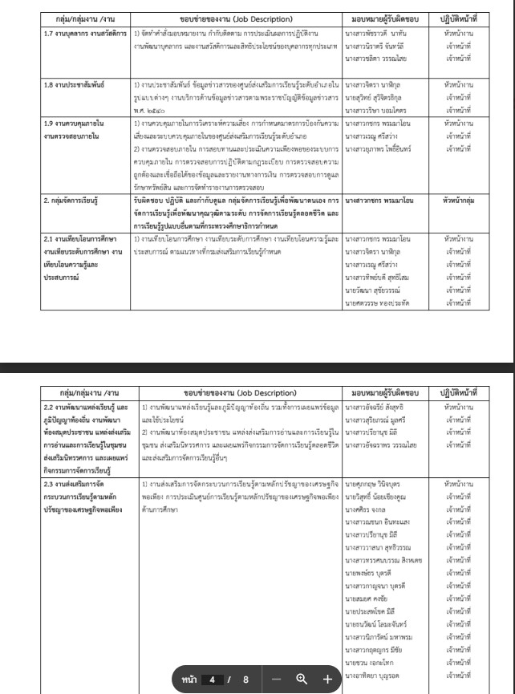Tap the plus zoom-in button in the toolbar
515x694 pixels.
[x=326, y=678]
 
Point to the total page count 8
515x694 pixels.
[x=246, y=678]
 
